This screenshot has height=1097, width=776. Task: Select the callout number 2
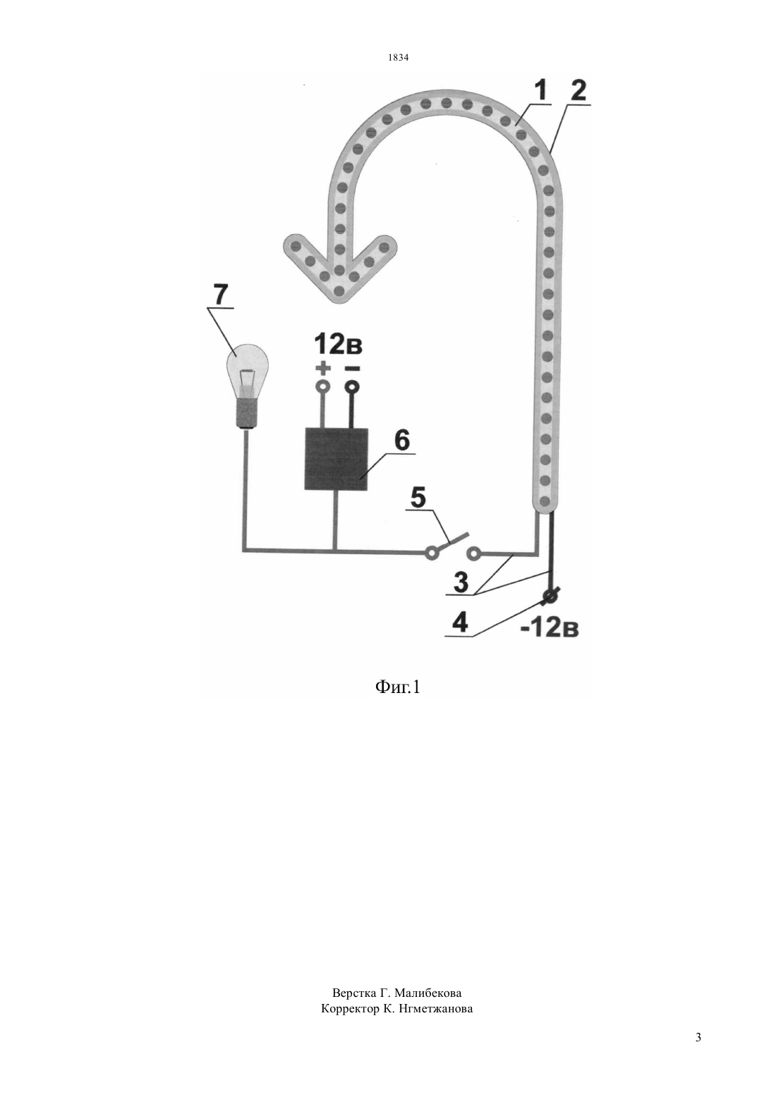[x=578, y=91]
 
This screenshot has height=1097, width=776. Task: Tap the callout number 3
[x=461, y=582]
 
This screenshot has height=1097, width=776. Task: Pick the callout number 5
[x=418, y=498]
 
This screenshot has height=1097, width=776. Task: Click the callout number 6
[x=401, y=440]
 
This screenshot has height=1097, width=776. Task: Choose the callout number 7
[x=220, y=295]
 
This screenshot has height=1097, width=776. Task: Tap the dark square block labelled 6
[x=336, y=459]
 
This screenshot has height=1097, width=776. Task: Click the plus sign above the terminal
[x=322, y=367]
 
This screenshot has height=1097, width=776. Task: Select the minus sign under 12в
[x=352, y=368]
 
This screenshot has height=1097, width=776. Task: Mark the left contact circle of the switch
[x=431, y=554]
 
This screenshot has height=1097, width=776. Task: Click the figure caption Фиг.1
[x=397, y=687]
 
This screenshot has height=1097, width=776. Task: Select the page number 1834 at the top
[x=399, y=57]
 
